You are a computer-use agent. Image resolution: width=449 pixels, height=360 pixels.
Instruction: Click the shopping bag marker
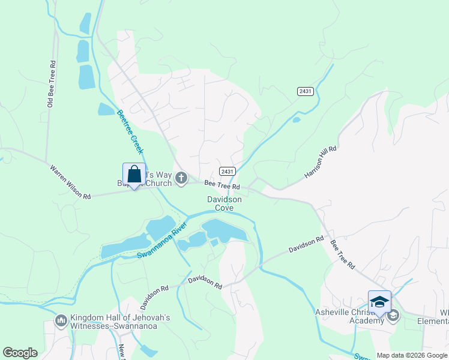click(134, 175)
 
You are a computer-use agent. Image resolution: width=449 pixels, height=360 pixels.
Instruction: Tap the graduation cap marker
click(379, 302)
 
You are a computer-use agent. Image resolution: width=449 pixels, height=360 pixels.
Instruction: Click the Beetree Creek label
click(130, 131)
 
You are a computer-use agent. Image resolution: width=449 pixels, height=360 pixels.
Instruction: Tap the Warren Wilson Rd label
click(70, 183)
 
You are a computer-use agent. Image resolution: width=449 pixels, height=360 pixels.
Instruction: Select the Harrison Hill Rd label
click(321, 162)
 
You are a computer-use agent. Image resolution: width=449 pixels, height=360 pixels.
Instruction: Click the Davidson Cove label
click(224, 203)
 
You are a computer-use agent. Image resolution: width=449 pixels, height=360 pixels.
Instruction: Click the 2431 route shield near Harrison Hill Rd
click(305, 91)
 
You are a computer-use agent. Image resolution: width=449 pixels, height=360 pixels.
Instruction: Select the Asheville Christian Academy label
click(349, 316)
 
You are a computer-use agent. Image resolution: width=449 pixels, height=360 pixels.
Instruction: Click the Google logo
click(20, 353)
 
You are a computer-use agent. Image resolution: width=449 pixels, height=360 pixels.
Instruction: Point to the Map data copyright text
click(412, 355)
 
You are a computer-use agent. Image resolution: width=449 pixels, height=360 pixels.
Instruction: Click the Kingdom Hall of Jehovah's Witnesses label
click(120, 322)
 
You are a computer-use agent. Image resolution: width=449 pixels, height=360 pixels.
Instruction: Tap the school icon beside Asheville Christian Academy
click(393, 316)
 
